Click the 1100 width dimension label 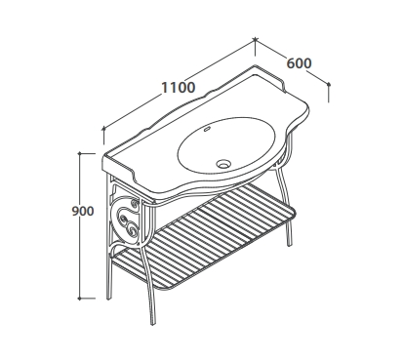pyautogui.click(x=179, y=88)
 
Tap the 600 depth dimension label pyautogui.click(x=299, y=63)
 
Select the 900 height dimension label pyautogui.click(x=83, y=212)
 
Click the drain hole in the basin pyautogui.click(x=223, y=163)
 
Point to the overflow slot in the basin pyautogui.click(x=207, y=131)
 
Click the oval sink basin pyautogui.click(x=226, y=145)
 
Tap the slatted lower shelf pyautogui.click(x=204, y=235)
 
